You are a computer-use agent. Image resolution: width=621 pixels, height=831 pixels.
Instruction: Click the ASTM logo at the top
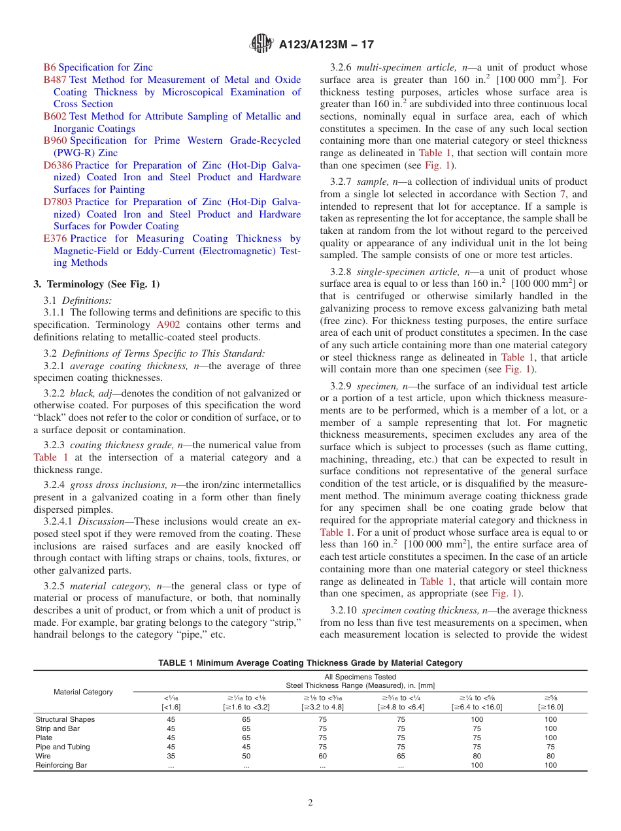point(261,45)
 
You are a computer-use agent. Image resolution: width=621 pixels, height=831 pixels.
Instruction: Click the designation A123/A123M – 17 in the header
point(326,45)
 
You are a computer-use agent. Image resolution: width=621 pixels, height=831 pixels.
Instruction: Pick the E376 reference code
point(55,238)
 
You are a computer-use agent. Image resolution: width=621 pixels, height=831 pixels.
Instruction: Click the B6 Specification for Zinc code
point(50,67)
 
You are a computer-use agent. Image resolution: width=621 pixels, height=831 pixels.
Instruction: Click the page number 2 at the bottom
point(310,802)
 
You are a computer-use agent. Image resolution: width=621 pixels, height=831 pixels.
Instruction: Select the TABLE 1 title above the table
point(310,662)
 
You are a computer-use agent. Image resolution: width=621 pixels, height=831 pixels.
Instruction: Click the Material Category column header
point(83,692)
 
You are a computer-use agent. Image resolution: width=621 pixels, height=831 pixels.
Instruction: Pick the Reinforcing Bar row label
point(61,765)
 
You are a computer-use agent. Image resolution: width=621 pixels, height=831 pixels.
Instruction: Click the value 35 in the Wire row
point(171,756)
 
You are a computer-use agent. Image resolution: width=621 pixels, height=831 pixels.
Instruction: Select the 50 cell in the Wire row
point(246,756)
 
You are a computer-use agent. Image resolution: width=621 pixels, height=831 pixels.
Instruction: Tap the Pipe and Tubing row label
point(63,747)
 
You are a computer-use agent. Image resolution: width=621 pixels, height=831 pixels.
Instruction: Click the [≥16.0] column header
point(550,707)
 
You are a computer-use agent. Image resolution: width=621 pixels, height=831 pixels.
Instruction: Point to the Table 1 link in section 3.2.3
point(50,457)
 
